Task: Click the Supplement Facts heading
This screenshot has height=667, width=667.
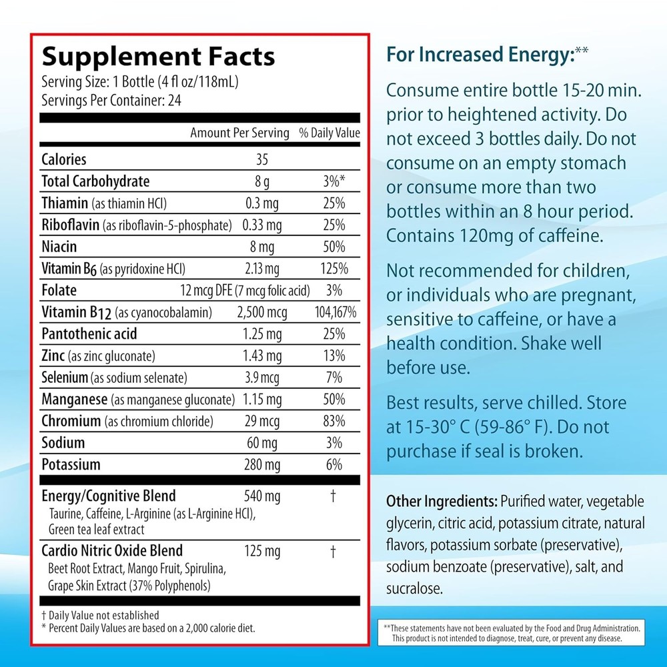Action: coord(158,56)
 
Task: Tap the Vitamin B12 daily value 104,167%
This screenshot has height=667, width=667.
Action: coord(336,312)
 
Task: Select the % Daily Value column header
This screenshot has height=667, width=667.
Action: coord(329,133)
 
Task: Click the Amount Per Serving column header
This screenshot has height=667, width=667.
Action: coord(239,133)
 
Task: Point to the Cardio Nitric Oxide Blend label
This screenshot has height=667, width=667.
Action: coord(112,551)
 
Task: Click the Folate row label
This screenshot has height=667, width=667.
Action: coord(59,290)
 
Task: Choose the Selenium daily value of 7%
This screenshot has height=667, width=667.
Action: coord(336,378)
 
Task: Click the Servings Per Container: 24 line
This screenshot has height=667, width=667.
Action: coord(111,101)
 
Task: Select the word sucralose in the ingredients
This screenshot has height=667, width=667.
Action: coord(415,588)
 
